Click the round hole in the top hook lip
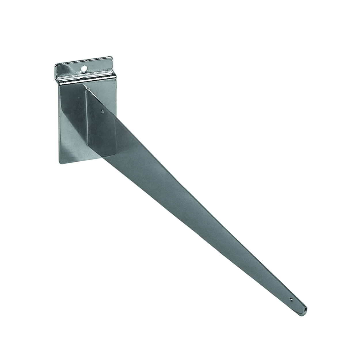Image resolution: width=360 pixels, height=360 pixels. tap(84, 69)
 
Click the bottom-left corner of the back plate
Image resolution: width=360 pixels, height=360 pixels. tap(60, 163)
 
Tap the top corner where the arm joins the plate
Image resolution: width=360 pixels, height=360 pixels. tap(83, 85)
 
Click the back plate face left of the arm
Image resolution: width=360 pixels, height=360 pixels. tap(72, 124)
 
